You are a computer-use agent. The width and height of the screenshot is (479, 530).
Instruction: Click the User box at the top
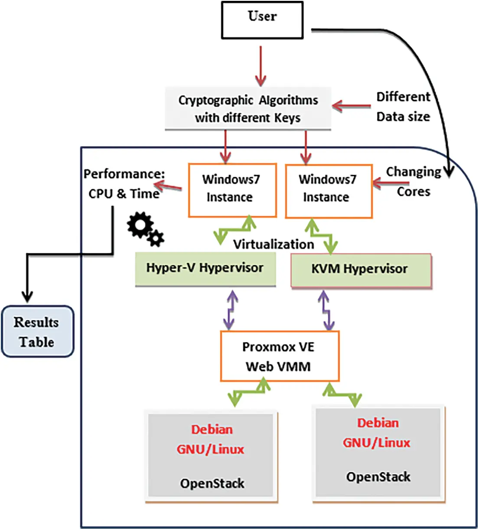click(x=262, y=20)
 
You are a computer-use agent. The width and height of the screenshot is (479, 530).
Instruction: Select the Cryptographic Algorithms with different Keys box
click(x=248, y=108)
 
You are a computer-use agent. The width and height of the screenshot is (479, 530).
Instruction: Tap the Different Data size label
click(x=403, y=107)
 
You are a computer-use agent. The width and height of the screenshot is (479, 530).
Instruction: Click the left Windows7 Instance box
click(x=232, y=190)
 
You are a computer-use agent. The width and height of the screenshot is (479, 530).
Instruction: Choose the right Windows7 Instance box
click(x=328, y=190)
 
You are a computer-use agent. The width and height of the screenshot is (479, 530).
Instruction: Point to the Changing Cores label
click(x=413, y=182)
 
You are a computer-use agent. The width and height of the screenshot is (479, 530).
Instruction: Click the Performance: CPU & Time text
click(x=124, y=184)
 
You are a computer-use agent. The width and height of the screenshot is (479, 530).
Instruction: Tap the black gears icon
click(x=145, y=229)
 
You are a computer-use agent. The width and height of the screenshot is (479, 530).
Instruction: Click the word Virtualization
click(x=274, y=245)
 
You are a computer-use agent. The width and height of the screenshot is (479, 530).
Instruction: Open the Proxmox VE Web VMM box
click(x=279, y=357)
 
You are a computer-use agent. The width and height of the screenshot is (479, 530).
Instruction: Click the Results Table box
click(x=37, y=332)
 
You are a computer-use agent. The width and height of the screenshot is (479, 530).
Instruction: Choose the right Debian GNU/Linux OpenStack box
click(x=378, y=451)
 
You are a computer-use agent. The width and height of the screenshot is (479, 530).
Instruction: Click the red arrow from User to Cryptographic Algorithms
click(x=261, y=66)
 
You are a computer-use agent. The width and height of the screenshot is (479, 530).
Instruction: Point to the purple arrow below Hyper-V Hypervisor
click(x=230, y=310)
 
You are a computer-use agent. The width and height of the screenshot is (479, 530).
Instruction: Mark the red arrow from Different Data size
click(x=352, y=106)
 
